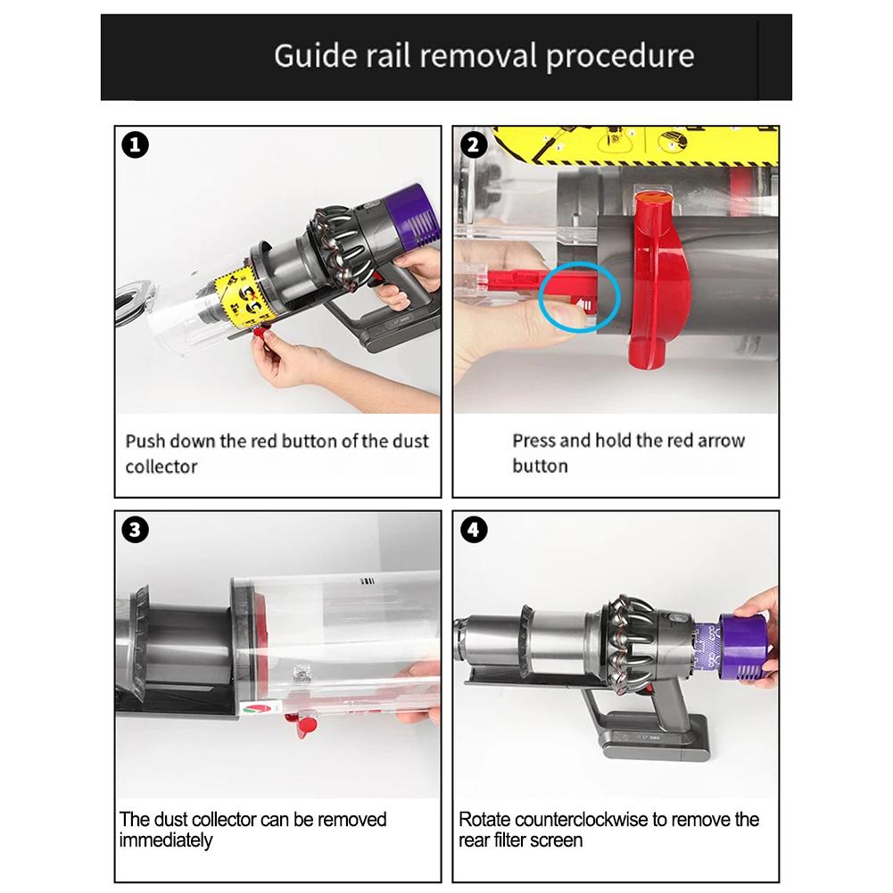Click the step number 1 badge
tap(135, 145)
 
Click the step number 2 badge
tap(474, 145)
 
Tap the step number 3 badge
tap(135, 530)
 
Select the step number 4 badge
tap(474, 530)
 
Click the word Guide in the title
tap(316, 56)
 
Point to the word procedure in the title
tap(620, 57)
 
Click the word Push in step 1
tap(145, 441)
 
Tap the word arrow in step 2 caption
tap(721, 440)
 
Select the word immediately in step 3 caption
tap(166, 840)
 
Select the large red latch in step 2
tap(661, 279)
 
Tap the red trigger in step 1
tap(376, 278)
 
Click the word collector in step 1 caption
tap(161, 467)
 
